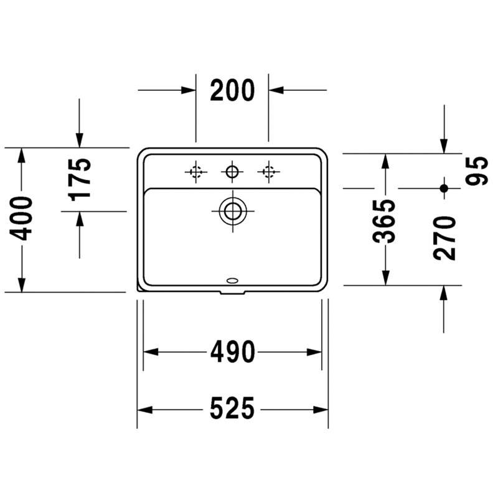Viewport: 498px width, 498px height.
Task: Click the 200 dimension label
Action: point(232,90)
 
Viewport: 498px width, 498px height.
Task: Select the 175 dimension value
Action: point(80,179)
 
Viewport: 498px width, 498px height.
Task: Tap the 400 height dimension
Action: point(21,218)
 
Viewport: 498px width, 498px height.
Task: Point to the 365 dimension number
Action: point(383,221)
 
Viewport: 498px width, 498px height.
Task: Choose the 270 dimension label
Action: point(444,238)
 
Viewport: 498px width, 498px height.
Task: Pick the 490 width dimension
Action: point(233,352)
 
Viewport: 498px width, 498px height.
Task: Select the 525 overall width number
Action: point(232,408)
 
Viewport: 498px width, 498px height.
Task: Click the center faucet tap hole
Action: point(232,172)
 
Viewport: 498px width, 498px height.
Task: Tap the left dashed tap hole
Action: point(196,172)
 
